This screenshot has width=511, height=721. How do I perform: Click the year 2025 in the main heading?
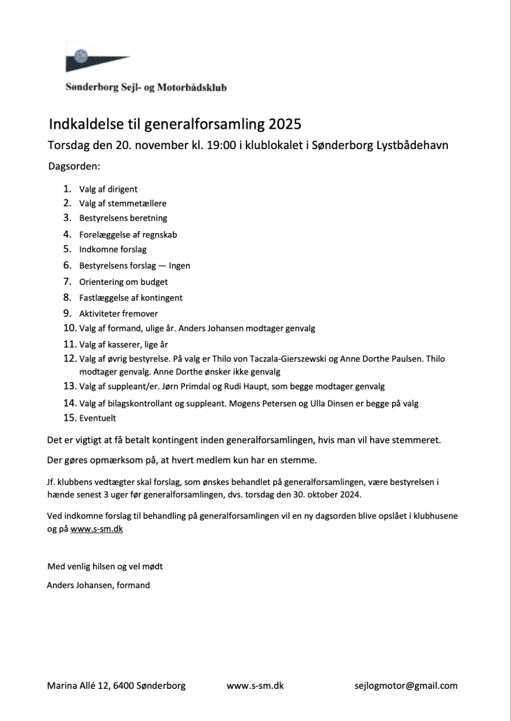[283, 125]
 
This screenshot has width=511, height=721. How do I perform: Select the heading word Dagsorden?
[74, 167]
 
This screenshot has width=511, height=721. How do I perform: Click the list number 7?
[68, 281]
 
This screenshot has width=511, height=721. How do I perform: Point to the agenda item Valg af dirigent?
[108, 189]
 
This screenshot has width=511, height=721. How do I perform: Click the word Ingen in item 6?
[179, 266]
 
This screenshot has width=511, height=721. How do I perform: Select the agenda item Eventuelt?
[97, 418]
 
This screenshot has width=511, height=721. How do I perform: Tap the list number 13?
[69, 386]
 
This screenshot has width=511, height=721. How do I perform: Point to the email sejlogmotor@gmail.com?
[406, 686]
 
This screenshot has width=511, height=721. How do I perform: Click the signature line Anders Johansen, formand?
[98, 585]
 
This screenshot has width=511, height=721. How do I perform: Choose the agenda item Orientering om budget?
[123, 282]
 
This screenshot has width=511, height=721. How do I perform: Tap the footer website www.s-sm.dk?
[255, 686]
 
